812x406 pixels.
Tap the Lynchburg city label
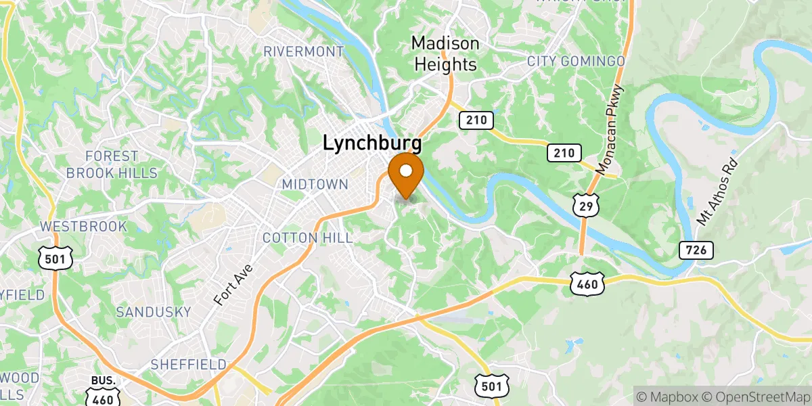point(372,143)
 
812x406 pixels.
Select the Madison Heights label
point(445,54)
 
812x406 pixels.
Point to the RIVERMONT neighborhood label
point(304,51)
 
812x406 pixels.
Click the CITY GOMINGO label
point(576,62)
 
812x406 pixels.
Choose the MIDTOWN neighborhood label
point(315,184)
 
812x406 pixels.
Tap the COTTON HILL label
point(307,238)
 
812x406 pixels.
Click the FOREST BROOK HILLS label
point(112,164)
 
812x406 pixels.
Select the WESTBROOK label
point(83,226)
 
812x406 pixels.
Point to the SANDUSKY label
point(154,312)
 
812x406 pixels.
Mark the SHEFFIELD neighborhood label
point(188,365)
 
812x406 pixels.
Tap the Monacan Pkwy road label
point(611,129)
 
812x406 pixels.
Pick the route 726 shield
point(696,251)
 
